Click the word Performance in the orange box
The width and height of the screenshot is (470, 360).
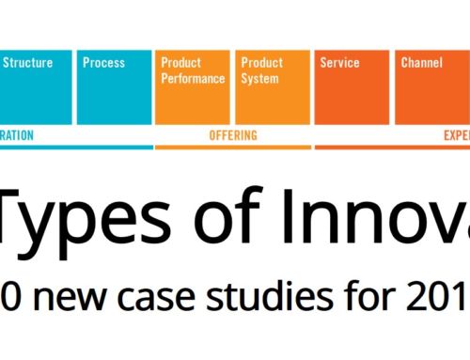tap(192, 78)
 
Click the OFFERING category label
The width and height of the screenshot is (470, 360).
tap(232, 135)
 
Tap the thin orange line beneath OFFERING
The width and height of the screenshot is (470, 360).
tap(232, 147)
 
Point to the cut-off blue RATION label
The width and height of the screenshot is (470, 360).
tap(17, 135)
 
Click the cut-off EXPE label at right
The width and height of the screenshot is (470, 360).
tap(456, 135)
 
